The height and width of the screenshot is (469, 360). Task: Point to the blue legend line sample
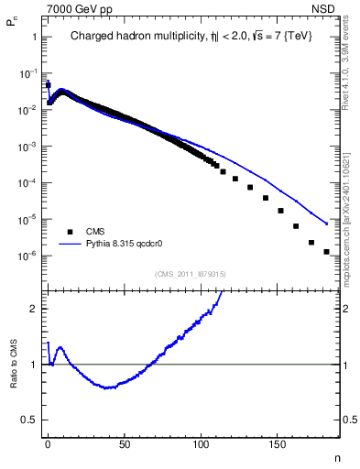click(70, 245)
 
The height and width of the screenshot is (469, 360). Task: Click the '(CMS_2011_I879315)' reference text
click(190, 273)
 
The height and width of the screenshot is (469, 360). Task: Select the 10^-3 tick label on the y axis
click(27, 147)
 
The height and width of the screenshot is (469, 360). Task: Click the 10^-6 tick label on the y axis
click(27, 256)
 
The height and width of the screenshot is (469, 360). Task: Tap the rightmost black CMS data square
click(326, 251)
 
